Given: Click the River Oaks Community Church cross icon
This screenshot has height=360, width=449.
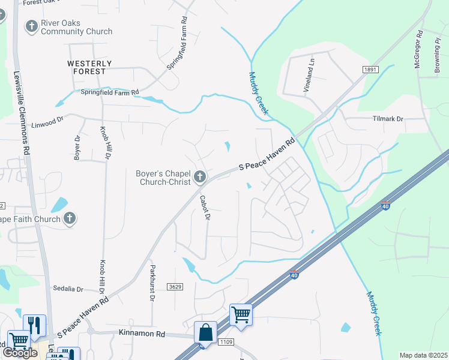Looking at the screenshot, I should pyautogui.click(x=31, y=26).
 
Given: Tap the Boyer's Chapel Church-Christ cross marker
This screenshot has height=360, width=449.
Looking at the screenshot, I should pyautogui.click(x=200, y=177).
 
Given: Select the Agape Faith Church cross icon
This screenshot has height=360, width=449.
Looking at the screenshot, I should pyautogui.click(x=70, y=218).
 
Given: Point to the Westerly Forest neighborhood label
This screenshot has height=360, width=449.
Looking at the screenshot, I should pyautogui.click(x=89, y=67).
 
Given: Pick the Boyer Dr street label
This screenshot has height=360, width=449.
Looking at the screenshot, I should pyautogui.click(x=77, y=147).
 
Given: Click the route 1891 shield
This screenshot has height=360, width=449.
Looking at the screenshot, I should pyautogui.click(x=370, y=70).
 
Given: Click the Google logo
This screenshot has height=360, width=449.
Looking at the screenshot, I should pyautogui.click(x=20, y=353).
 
